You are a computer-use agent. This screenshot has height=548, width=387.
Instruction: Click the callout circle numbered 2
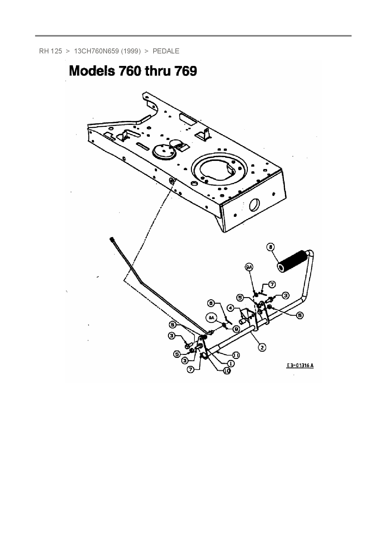click(x=262, y=347)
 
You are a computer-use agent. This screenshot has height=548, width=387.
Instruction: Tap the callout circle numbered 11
click(x=236, y=355)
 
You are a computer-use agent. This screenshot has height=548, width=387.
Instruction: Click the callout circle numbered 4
click(x=230, y=308)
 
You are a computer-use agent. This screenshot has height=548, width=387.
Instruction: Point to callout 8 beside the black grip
click(x=271, y=247)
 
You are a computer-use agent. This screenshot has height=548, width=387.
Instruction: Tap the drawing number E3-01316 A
click(x=300, y=365)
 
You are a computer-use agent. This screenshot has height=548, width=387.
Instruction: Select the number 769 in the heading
click(x=185, y=71)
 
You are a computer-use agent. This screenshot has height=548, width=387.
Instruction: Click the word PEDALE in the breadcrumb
click(x=166, y=51)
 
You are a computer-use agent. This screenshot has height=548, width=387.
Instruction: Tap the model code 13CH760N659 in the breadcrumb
click(x=96, y=51)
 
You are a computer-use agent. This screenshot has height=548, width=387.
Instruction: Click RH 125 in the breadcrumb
click(x=51, y=51)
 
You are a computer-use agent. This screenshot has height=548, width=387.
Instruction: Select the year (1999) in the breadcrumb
click(x=131, y=51)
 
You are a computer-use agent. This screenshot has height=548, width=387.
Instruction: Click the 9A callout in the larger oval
click(x=212, y=318)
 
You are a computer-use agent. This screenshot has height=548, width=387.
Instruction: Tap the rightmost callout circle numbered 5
click(x=299, y=316)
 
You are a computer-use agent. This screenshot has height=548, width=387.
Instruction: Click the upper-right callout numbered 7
click(x=272, y=284)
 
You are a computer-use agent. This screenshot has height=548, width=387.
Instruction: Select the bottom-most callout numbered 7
click(x=190, y=369)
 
